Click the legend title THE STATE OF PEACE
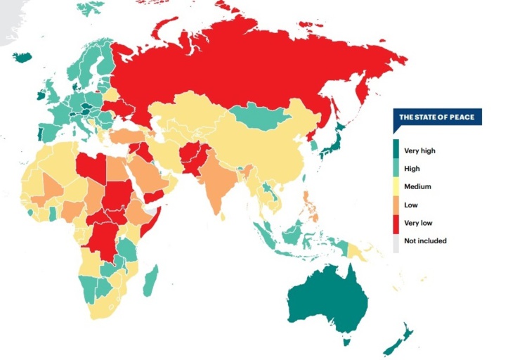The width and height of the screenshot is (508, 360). click(436, 117)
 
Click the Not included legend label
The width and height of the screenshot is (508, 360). click(424, 241)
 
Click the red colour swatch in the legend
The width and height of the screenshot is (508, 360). click(396, 223)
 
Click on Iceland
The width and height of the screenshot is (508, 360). click(22, 56)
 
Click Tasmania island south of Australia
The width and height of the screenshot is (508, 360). click(345, 341)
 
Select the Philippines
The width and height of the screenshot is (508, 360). click(308, 207)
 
